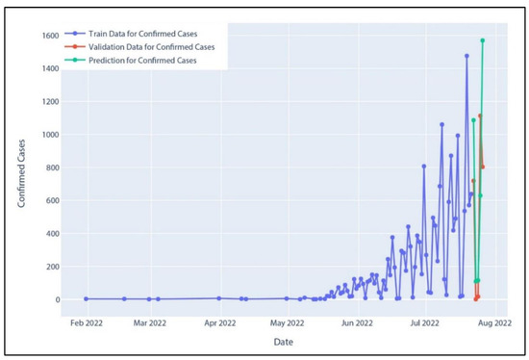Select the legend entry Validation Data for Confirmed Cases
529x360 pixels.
click(153, 45)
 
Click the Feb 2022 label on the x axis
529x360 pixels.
click(86, 324)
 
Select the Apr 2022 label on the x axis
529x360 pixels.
click(221, 324)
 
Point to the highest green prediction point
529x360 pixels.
click(482, 40)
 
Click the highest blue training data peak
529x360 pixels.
click(466, 56)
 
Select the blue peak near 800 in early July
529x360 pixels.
click(424, 167)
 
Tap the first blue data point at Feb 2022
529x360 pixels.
click(86, 298)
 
